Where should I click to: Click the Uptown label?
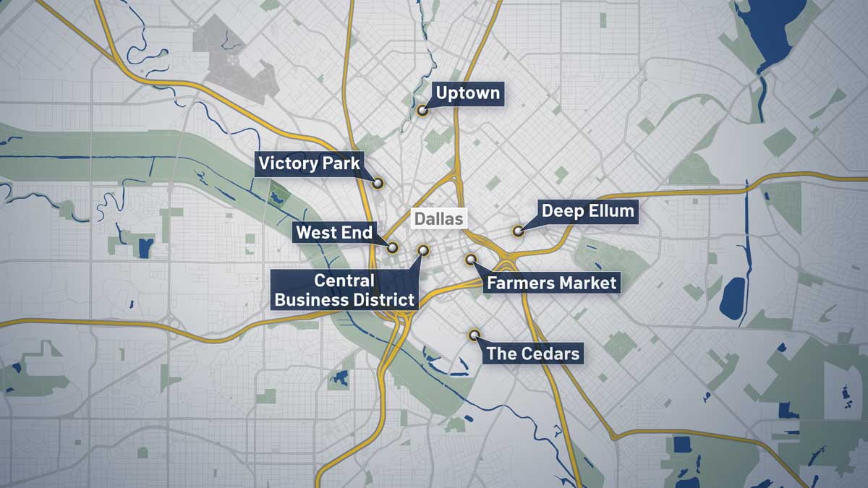467,93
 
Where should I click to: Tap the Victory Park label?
309,164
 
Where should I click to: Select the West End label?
334,232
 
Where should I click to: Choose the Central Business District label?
344,290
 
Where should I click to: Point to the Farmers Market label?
551,282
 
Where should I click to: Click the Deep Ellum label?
587,211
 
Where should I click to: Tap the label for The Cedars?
533,354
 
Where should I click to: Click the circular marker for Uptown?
422,111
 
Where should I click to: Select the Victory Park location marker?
378,183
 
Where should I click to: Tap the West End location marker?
393,247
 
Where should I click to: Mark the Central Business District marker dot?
424,250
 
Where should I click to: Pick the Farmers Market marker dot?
471,259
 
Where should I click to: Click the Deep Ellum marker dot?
518,231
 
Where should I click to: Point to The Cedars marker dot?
475,335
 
